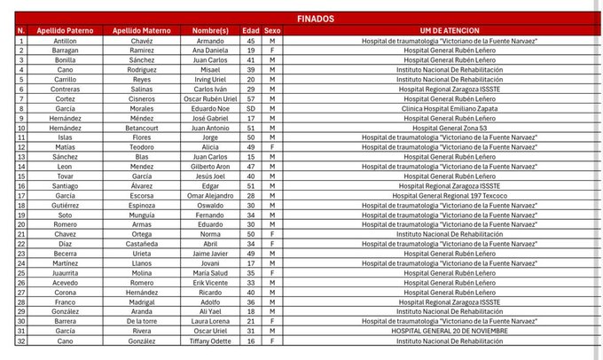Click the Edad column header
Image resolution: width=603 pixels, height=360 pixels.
point(251,30)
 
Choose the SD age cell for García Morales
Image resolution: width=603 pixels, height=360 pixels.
point(251,107)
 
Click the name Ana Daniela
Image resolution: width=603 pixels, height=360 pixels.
point(210,51)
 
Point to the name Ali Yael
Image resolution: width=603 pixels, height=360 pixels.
point(210,310)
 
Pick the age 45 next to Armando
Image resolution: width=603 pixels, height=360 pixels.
point(251,41)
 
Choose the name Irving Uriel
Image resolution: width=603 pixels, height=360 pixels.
point(210,79)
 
